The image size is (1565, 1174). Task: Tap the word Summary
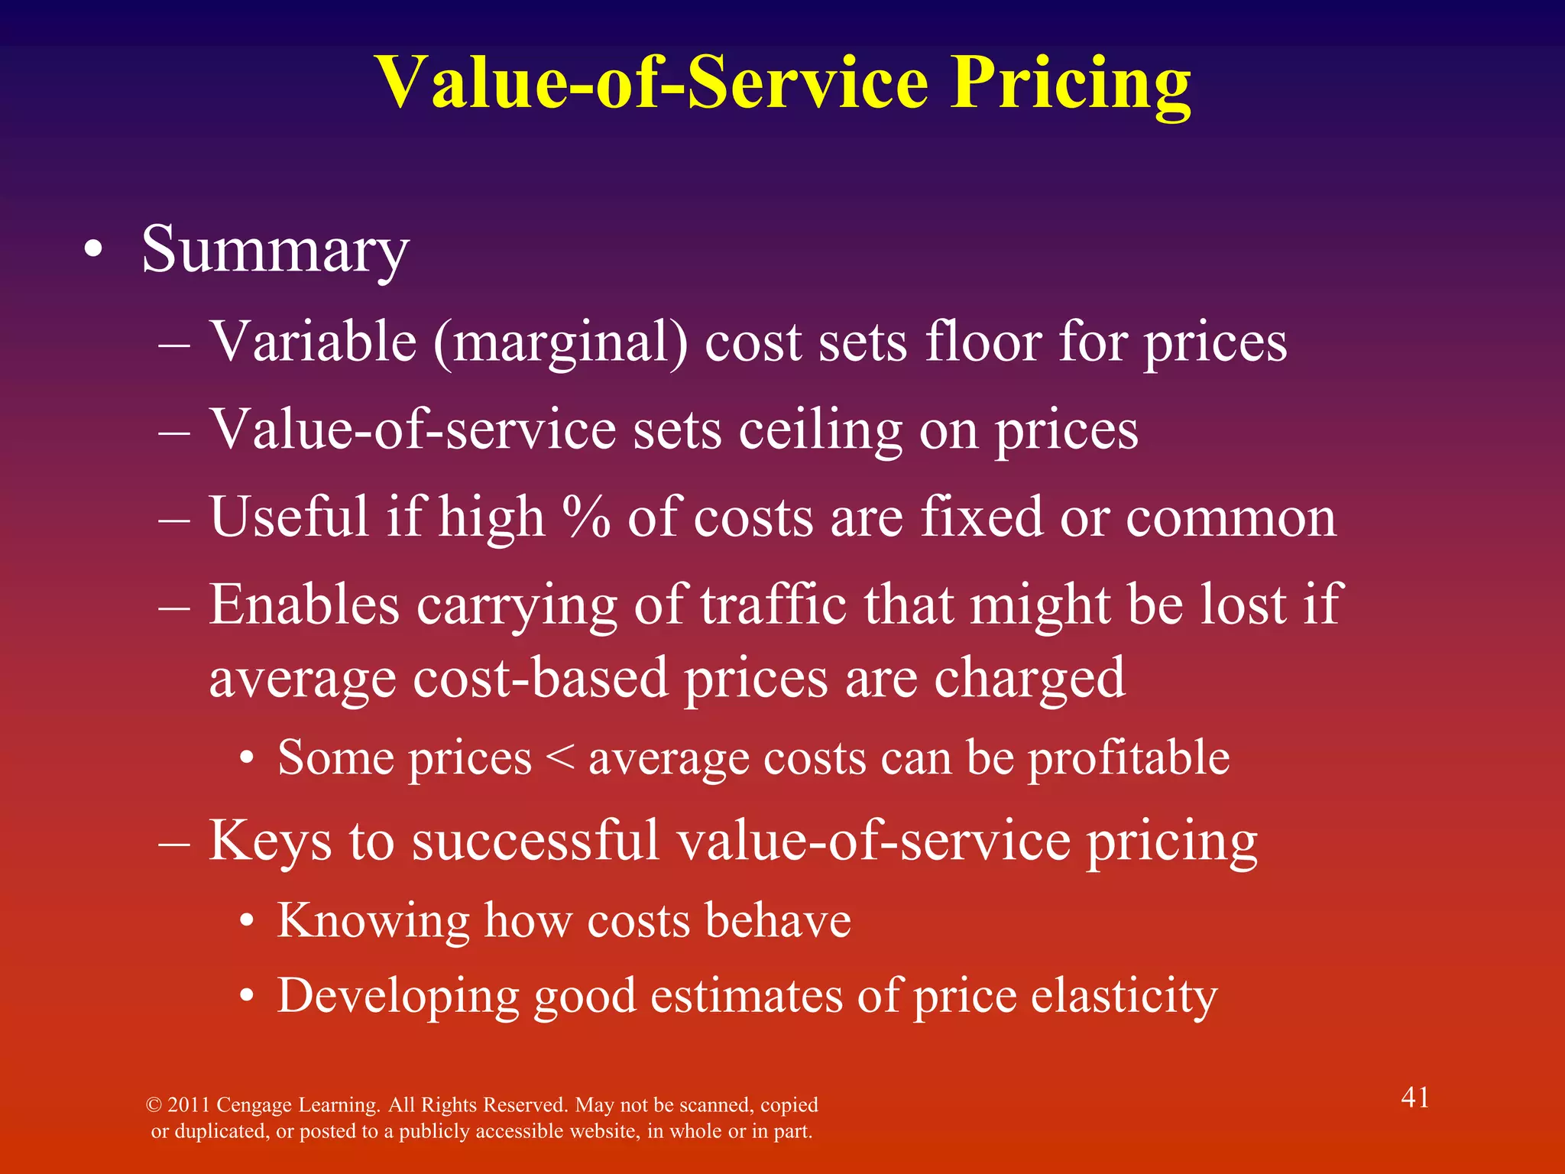275,251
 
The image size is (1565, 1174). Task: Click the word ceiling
820,430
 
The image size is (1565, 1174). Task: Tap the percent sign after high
586,517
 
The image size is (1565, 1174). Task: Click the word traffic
773,605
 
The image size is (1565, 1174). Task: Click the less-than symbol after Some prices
560,758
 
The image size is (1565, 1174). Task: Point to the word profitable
1129,758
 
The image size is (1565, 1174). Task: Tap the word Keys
270,841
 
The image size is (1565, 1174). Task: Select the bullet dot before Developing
246,997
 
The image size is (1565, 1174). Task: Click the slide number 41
1414,1098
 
